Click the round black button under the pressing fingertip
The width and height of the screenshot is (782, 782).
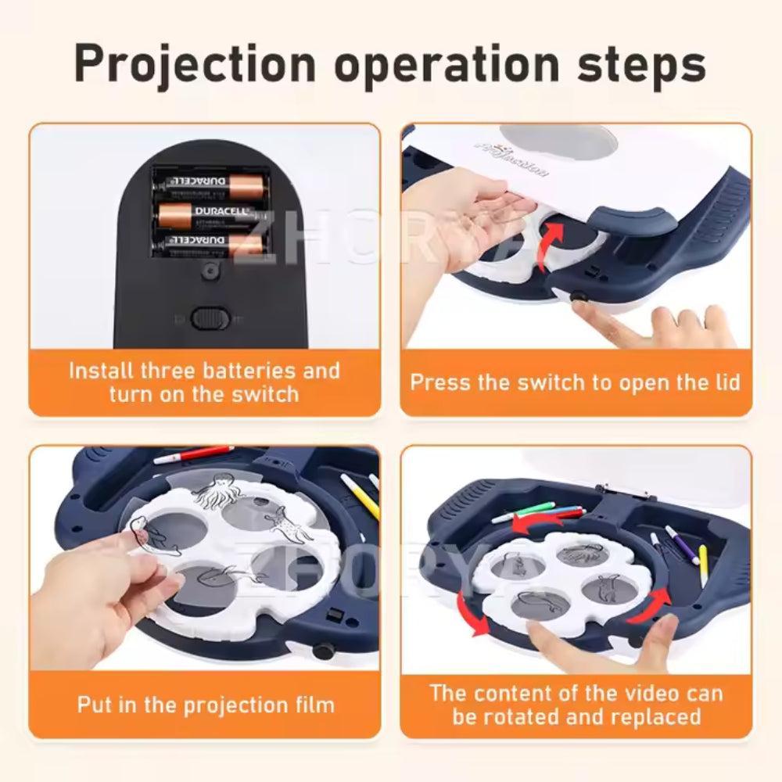pyautogui.click(x=580, y=297)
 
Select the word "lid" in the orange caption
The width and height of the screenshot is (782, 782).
pyautogui.click(x=723, y=382)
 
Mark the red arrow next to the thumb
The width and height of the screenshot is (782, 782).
pyautogui.click(x=659, y=603)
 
